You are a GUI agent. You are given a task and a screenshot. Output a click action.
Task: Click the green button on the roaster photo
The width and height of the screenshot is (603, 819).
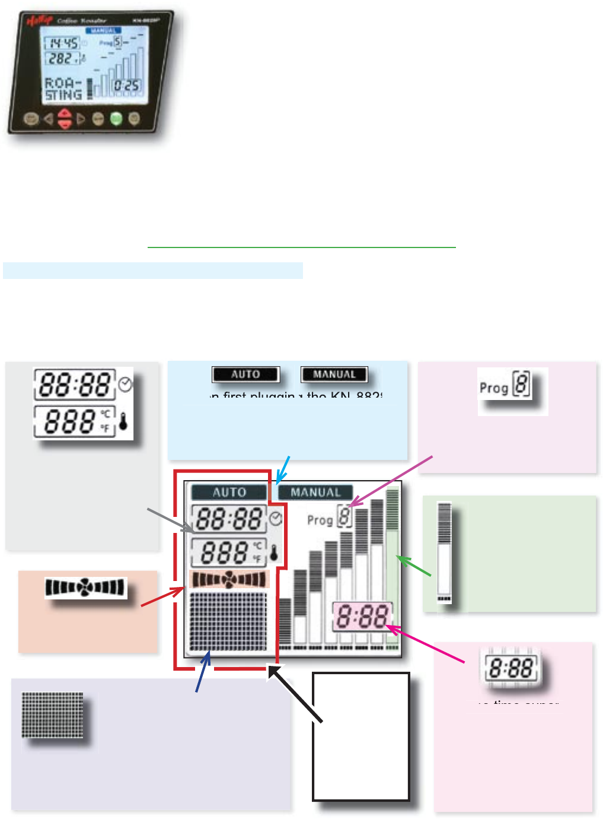coord(116,118)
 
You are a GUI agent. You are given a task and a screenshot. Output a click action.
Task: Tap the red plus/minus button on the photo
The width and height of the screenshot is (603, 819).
coord(65,119)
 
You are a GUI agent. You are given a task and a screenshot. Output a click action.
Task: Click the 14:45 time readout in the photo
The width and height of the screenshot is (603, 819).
coord(63,43)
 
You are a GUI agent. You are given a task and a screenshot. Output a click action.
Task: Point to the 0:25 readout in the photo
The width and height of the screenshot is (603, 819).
coord(126,85)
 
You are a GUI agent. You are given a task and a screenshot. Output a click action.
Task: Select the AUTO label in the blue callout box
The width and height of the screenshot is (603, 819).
coord(245,374)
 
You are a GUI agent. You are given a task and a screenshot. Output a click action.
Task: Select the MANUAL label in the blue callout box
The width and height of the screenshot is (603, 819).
coord(334,374)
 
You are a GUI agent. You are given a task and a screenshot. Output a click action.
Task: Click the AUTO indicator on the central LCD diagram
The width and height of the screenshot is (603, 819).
coord(229,492)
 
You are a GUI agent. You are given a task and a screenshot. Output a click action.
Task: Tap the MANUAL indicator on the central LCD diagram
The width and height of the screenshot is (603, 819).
coord(315,493)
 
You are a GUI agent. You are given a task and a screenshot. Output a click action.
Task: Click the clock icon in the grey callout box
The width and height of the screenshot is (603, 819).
coord(125,385)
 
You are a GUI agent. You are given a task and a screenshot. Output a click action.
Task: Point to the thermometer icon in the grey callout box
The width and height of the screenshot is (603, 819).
coord(123,421)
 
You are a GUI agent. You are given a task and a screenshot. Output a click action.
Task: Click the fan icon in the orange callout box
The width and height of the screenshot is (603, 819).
coord(86,588)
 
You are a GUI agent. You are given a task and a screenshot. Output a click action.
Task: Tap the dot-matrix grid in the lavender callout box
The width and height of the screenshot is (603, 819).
coord(52,715)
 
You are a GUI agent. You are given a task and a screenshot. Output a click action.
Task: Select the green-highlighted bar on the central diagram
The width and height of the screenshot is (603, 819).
coord(392,570)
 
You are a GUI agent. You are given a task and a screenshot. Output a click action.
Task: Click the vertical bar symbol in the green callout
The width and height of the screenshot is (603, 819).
coord(444,552)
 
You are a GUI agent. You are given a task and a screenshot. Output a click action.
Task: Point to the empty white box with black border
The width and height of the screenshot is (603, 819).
coord(361,736)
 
